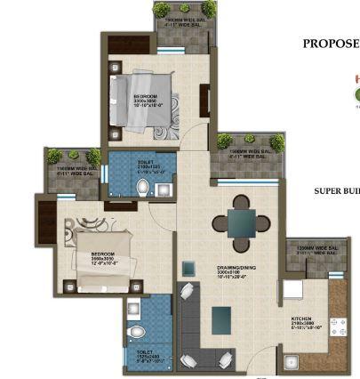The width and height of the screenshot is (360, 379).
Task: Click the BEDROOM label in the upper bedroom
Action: tap(147, 97)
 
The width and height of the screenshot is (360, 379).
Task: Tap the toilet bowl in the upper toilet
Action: tap(142, 187)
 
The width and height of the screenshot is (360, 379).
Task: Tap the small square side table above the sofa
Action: tap(189, 267)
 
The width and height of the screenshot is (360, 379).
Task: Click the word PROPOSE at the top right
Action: tap(331, 43)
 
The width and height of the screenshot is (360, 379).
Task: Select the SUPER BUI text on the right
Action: tap(336, 190)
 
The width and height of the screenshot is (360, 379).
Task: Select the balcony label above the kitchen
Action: tap(316, 251)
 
